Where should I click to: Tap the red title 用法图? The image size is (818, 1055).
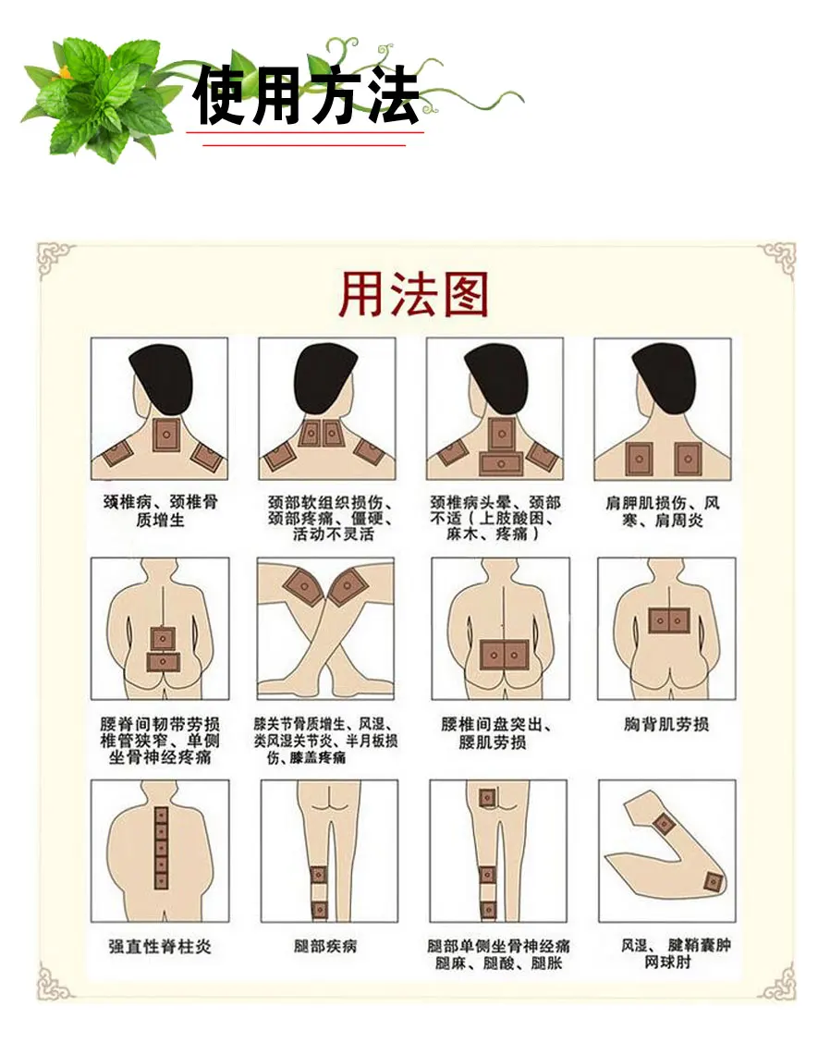point(413,294)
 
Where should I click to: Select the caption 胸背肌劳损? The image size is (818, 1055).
point(666,726)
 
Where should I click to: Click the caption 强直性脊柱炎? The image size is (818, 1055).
point(160,947)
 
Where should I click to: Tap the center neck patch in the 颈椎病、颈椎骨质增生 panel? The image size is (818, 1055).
point(167,432)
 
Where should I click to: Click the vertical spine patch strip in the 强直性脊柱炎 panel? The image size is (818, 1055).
point(161,843)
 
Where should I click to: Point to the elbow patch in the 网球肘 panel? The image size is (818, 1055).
point(711,880)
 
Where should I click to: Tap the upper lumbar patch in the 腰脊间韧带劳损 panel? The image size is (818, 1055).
point(163,637)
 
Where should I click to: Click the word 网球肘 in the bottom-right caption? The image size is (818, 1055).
point(666,963)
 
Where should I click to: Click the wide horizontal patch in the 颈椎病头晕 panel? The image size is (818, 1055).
point(500,461)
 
